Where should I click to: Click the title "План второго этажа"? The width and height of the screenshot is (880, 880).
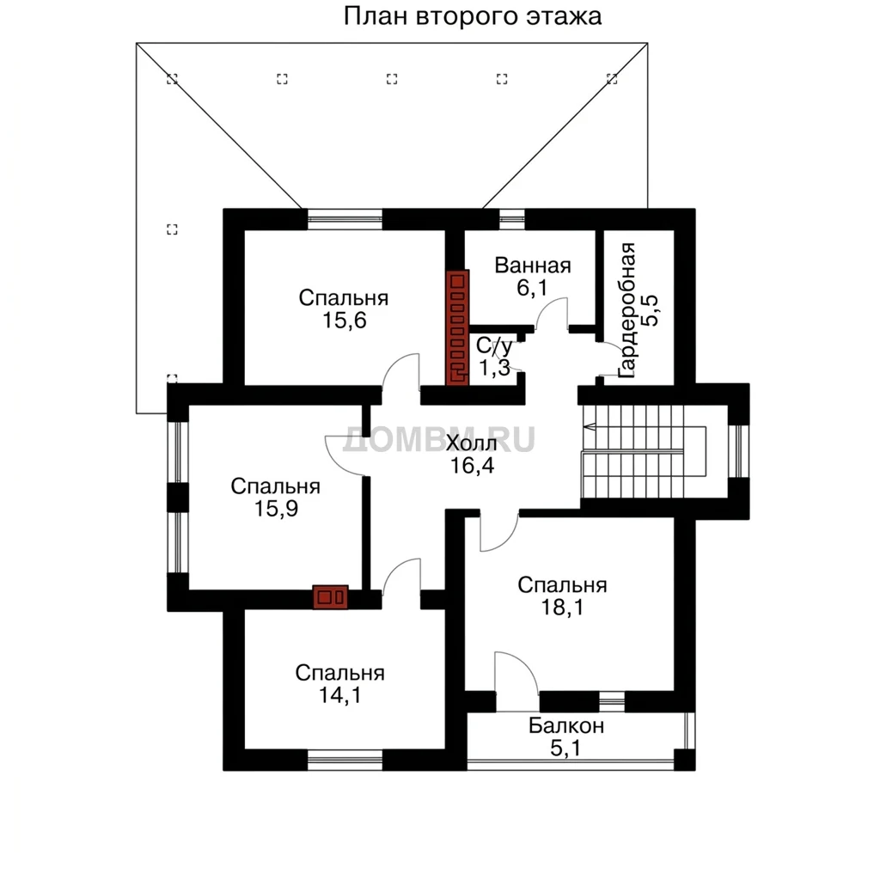(x=472, y=17)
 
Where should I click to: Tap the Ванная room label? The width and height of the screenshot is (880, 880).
(x=533, y=265)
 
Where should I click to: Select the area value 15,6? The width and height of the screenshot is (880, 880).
(x=344, y=321)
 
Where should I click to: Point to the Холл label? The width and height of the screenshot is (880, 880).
(x=472, y=443)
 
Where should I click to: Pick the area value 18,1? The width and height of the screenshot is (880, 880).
(x=562, y=608)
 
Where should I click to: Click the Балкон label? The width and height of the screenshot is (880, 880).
(x=565, y=725)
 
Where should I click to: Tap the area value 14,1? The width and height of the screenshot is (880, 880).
(x=340, y=695)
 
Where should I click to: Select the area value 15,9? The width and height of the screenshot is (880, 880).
(x=276, y=509)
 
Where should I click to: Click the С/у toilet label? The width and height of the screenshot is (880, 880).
(x=494, y=346)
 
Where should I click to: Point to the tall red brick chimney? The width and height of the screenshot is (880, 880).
(x=457, y=327)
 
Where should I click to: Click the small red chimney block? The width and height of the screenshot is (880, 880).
(x=330, y=597)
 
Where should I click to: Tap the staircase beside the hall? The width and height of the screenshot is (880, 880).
(x=645, y=451)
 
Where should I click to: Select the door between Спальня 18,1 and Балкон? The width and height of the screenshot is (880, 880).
(x=516, y=674)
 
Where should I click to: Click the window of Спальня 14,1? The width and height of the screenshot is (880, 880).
(x=345, y=761)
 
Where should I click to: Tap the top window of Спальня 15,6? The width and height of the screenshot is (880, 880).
(x=345, y=219)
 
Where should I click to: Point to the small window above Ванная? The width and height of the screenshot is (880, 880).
(x=512, y=219)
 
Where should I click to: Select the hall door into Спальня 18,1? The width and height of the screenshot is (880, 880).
(x=499, y=533)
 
